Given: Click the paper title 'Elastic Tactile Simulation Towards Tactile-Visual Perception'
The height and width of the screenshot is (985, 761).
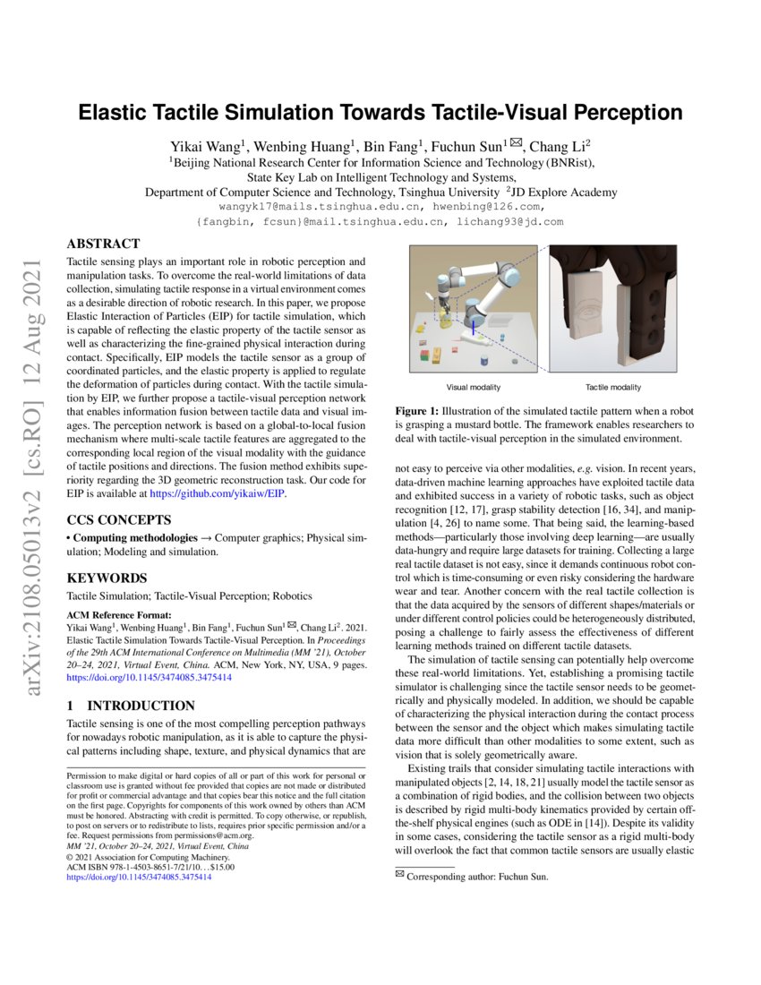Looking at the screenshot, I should (x=380, y=114).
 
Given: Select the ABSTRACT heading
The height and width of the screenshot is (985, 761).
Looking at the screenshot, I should (x=104, y=244).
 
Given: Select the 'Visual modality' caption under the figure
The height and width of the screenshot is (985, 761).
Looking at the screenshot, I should (x=474, y=387).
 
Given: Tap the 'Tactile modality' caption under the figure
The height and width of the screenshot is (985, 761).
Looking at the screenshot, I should (x=613, y=387).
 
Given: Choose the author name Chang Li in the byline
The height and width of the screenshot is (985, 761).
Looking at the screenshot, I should (x=558, y=147).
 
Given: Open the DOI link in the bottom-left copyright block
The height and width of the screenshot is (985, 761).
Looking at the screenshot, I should (x=140, y=878).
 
